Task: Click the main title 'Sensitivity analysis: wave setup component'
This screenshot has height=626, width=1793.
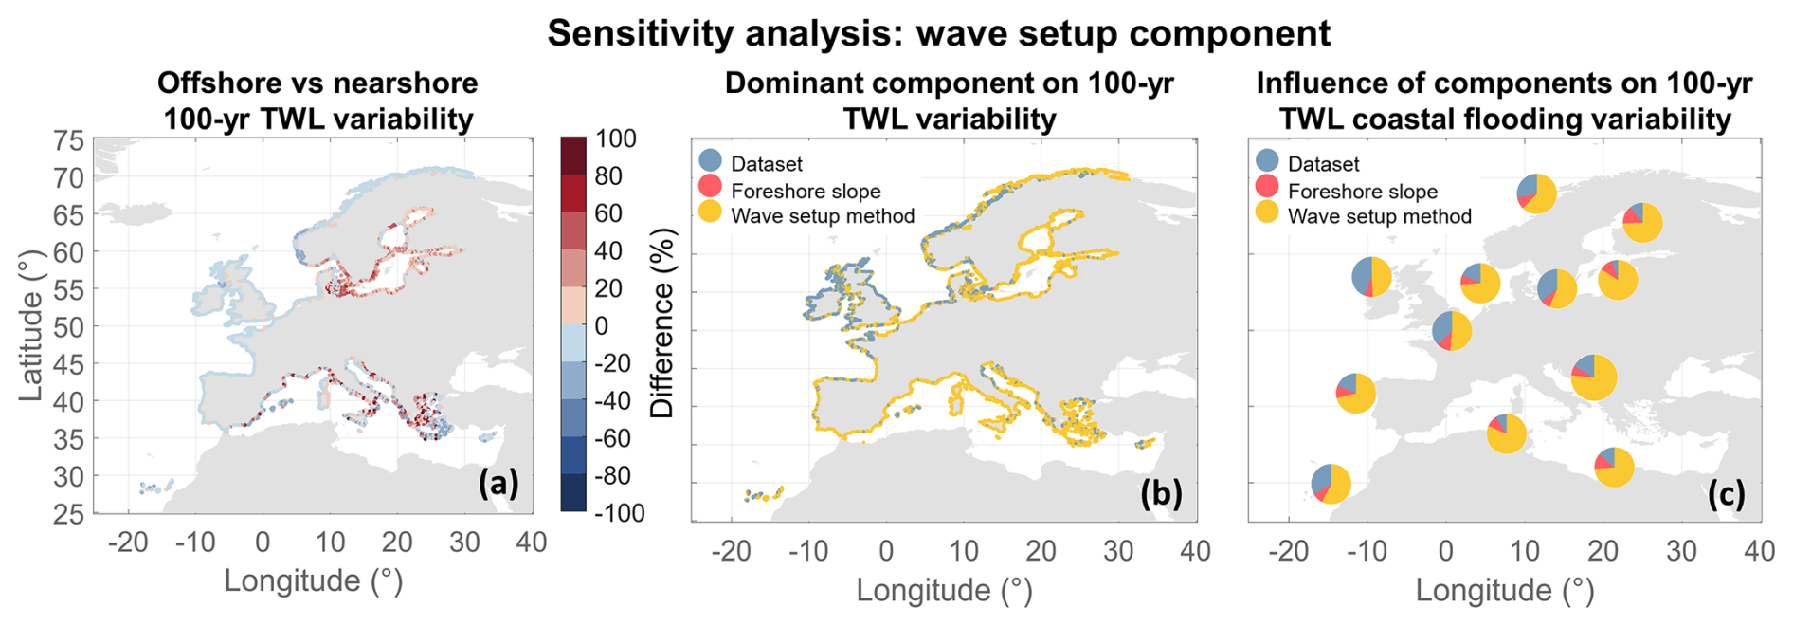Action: [938, 33]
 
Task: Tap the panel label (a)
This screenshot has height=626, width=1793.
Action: [498, 484]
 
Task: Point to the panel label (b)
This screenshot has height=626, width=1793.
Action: [1161, 493]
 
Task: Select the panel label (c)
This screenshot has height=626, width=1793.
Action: [1726, 493]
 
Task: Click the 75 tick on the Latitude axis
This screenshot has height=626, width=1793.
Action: [68, 141]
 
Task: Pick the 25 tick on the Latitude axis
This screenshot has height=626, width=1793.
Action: [68, 514]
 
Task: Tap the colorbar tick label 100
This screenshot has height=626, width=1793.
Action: [615, 139]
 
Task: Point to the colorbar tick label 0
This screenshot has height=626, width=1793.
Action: [602, 326]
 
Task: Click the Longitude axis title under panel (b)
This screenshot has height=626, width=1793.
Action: [944, 590]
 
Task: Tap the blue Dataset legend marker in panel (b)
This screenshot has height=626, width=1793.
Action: [710, 161]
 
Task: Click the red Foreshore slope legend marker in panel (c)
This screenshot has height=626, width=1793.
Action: [1266, 187]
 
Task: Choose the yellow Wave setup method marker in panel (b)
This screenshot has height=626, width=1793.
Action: [710, 212]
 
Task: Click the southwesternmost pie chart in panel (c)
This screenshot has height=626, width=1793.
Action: [1331, 484]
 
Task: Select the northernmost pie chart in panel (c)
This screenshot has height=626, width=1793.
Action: [1536, 193]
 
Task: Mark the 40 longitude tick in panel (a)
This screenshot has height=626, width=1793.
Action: [532, 543]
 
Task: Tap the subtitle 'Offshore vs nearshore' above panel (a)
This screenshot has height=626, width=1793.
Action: [317, 83]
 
